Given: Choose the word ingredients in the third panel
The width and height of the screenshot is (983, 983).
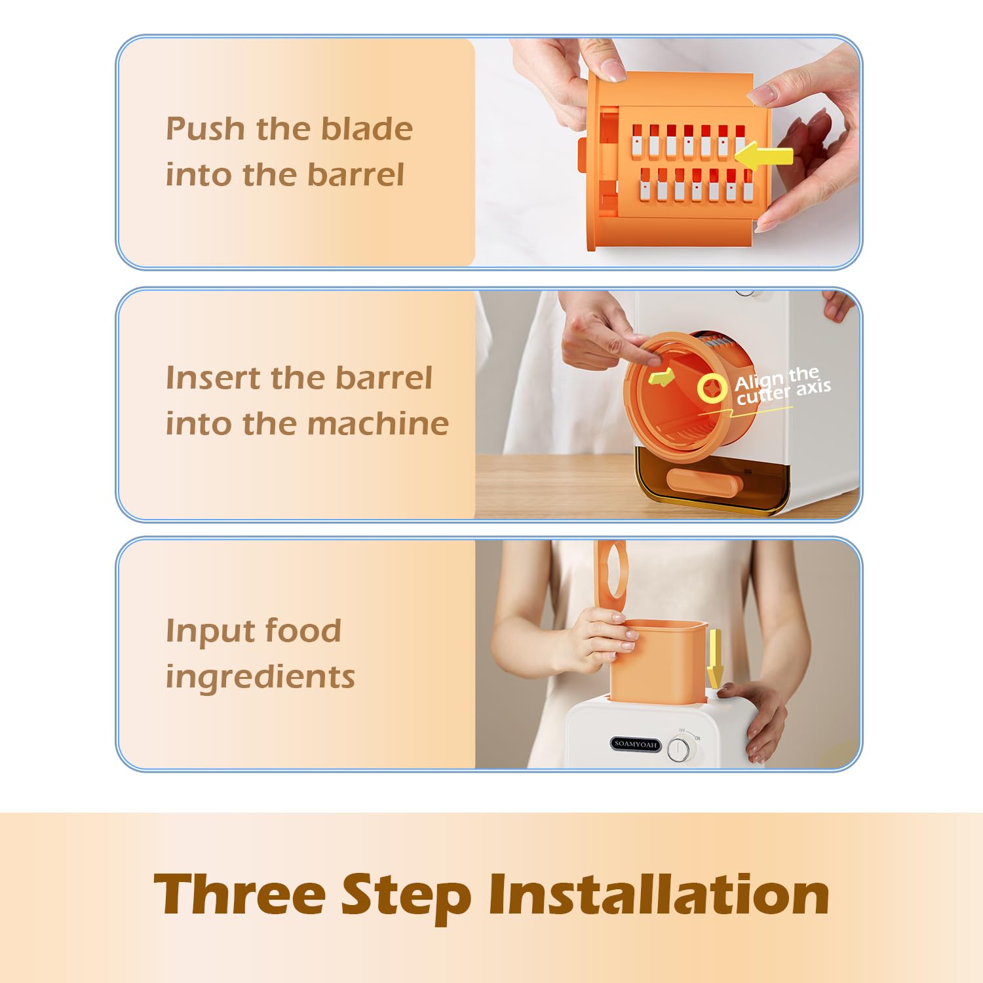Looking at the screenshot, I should pos(260,676).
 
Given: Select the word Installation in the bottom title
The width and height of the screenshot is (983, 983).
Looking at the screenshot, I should pos(659,894).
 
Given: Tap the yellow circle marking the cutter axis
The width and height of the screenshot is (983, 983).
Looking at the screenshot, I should pos(712,389).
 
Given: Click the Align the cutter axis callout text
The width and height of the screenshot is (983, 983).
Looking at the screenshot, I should pos(782,387).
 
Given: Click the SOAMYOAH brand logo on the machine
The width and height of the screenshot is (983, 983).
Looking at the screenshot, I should pos(635,744).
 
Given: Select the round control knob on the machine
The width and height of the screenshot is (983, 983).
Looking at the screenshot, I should pos(680,749).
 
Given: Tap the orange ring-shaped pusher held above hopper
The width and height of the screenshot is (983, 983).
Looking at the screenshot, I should pos(610,570).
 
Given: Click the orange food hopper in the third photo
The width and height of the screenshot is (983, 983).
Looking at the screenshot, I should pos(658,661).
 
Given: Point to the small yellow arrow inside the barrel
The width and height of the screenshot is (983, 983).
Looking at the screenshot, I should pos(661,377).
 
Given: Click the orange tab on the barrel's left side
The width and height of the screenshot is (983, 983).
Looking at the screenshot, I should pos(581,155).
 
